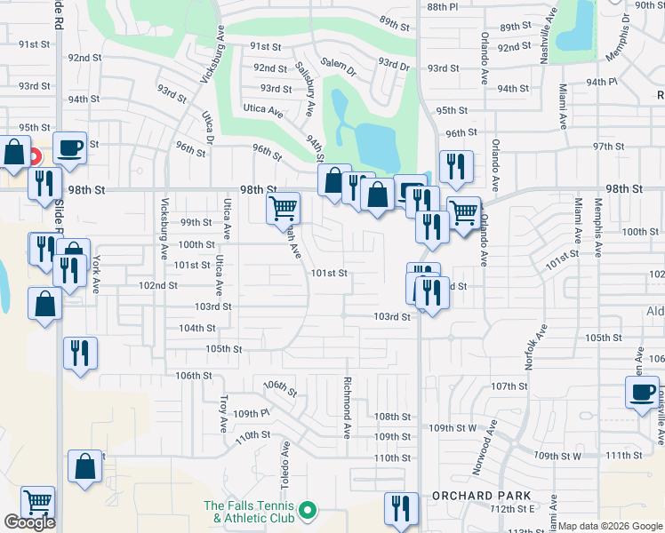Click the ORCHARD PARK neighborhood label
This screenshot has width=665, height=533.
[481, 496]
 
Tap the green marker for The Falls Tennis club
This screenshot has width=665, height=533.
[308, 510]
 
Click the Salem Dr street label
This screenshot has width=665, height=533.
[338, 64]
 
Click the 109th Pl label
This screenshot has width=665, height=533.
[252, 414]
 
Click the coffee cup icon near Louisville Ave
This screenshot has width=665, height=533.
[642, 391]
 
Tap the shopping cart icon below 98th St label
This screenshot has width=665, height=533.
[283, 209]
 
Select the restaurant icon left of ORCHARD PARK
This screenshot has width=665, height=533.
[400, 508]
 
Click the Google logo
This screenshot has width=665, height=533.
[29, 522]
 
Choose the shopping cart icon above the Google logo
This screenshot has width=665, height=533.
[37, 503]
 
